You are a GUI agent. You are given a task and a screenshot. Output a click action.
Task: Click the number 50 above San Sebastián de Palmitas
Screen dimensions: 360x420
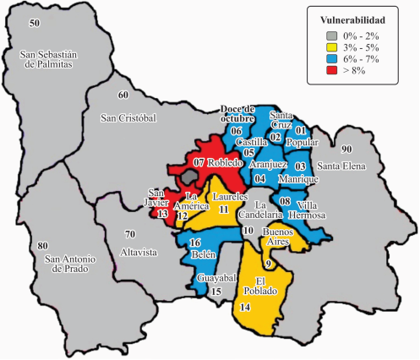click(35, 22)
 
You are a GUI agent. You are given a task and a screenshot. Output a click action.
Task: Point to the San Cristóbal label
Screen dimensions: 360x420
click(128, 117)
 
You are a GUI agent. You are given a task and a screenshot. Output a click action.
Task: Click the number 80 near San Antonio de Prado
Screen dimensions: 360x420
click(43, 246)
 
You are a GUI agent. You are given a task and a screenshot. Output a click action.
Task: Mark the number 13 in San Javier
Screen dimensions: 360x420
click(162, 215)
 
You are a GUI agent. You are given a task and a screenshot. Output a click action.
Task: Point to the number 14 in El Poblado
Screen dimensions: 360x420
click(245, 308)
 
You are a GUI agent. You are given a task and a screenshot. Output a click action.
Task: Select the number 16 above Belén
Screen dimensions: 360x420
click(194, 243)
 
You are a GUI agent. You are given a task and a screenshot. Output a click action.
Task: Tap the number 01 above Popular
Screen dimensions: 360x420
click(300, 131)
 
